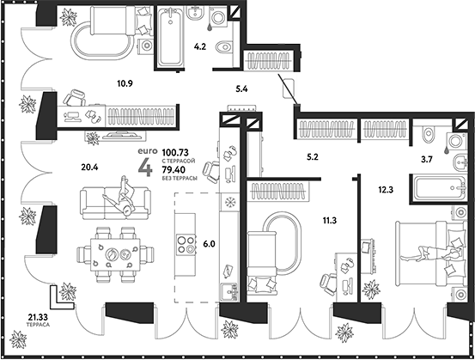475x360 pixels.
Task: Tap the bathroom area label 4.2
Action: (199, 49)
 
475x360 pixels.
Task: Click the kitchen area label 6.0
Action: (210, 244)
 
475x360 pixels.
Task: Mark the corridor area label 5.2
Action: (313, 158)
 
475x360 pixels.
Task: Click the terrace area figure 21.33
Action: (38, 319)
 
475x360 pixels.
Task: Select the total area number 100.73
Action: (175, 152)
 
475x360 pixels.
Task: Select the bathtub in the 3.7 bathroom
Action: (409, 187)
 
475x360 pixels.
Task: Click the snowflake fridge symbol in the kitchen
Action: (230, 204)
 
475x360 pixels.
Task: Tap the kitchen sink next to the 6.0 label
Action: (228, 289)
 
